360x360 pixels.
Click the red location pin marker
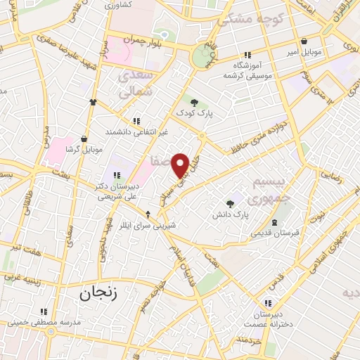180,165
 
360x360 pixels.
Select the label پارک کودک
194,112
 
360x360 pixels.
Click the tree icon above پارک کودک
194,103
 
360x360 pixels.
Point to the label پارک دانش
231,214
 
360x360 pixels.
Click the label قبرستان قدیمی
275,232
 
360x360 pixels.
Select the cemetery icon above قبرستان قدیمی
274,222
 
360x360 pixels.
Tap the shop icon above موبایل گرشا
84,139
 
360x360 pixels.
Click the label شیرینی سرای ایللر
147,225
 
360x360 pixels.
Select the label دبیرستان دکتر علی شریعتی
114,192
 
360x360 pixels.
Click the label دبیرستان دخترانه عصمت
266,319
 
